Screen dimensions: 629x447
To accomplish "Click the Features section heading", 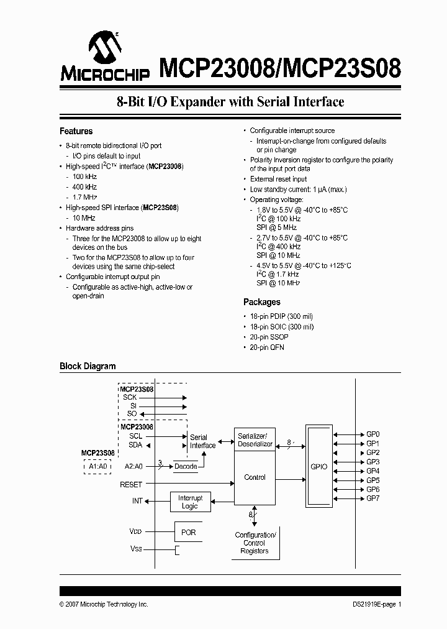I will tap(76, 131).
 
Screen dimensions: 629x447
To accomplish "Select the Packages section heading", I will tap(261, 302).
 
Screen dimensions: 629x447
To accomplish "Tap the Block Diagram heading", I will tap(88, 366).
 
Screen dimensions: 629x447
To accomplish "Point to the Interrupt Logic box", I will tap(190, 502).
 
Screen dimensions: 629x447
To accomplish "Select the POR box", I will tap(188, 533).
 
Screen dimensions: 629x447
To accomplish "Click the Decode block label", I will tap(186, 466).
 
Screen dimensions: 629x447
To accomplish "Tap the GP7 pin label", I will tap(372, 498).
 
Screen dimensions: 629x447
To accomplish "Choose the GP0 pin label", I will tap(372, 434).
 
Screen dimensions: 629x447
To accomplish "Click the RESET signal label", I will tap(131, 484).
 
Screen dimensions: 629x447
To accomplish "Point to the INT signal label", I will tap(137, 500).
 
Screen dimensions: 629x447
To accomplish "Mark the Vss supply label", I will tap(135, 549).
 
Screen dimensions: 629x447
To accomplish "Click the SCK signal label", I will tap(129, 397).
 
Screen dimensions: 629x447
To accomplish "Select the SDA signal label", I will tap(135, 445).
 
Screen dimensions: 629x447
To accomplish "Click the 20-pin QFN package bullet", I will tap(266, 347).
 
